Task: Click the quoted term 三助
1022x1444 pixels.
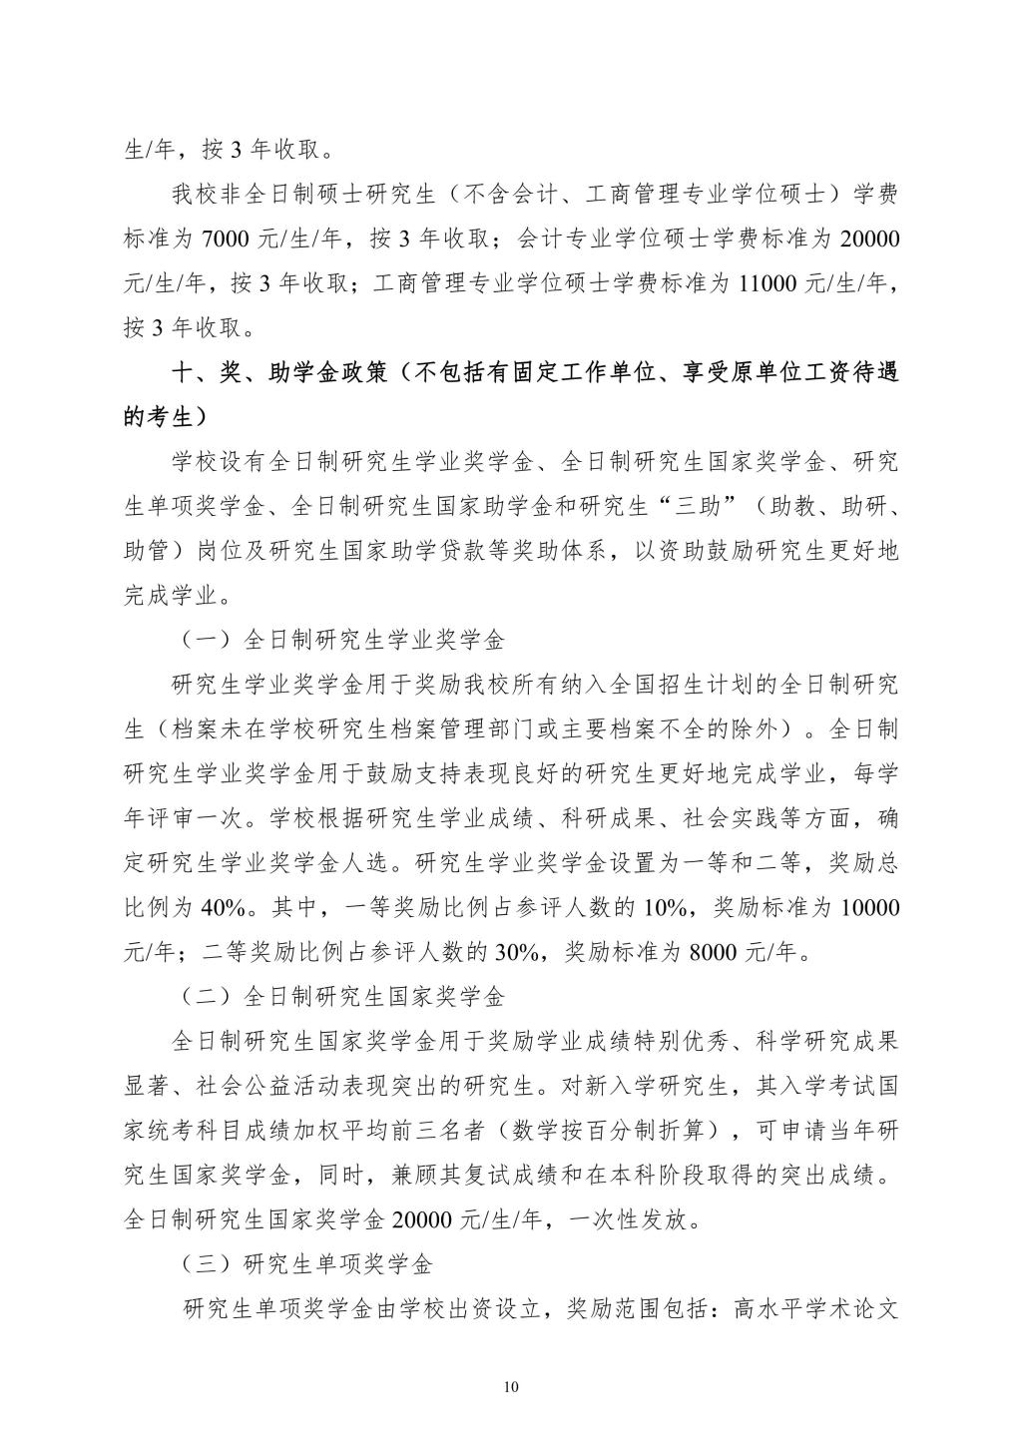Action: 698,507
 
